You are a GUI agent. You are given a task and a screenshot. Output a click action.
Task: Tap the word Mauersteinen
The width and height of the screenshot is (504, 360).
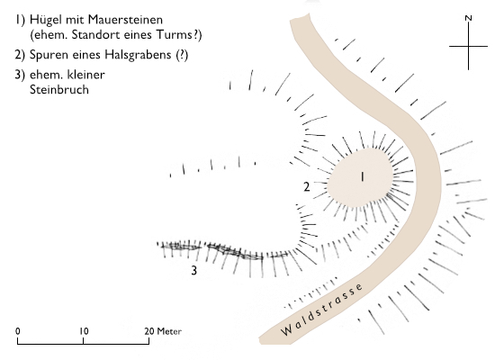click(x=125, y=20)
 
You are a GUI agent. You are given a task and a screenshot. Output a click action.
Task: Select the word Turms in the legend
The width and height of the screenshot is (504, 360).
click(x=175, y=34)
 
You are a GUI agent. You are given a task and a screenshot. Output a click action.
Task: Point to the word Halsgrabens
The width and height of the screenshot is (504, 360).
click(x=140, y=55)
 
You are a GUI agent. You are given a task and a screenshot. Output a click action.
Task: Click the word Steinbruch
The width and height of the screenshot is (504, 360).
click(x=59, y=89)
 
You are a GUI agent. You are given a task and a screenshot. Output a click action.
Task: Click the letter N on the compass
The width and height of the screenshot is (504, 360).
click(x=469, y=18)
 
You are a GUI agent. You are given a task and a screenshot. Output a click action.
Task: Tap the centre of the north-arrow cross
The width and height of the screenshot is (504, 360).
click(x=468, y=46)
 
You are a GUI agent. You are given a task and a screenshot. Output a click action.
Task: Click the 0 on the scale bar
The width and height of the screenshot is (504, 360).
click(x=18, y=331)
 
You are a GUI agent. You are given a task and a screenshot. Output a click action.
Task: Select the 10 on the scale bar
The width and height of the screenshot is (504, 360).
click(x=84, y=331)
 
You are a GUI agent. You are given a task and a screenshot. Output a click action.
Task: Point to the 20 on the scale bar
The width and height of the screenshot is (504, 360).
click(x=149, y=331)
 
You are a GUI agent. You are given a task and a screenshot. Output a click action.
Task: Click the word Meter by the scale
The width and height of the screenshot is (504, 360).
click(x=169, y=331)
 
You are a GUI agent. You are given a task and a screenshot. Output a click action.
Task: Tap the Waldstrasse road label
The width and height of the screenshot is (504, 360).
click(x=321, y=310)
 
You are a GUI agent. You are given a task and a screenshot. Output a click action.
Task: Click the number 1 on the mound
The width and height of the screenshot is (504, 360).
click(x=362, y=176)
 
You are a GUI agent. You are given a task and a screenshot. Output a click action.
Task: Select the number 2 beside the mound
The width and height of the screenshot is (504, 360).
click(x=307, y=187)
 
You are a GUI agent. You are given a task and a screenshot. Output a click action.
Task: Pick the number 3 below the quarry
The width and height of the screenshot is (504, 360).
click(x=193, y=270)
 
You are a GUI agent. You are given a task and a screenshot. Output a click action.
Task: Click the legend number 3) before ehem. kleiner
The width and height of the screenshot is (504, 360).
click(x=20, y=75)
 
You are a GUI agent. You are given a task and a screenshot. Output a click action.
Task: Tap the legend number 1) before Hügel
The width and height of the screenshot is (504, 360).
click(x=20, y=20)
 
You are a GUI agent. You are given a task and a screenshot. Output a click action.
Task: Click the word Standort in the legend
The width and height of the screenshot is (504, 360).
click(x=94, y=34)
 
